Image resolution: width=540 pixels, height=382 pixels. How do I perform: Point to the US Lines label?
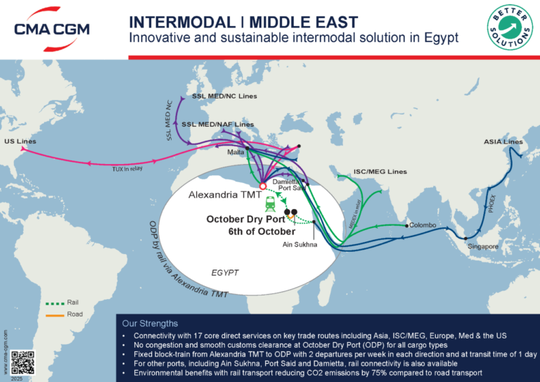pyautogui.click(x=20, y=141)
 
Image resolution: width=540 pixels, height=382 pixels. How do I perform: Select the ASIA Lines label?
pyautogui.click(x=503, y=142)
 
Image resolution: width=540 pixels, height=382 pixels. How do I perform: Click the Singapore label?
pyautogui.click(x=483, y=247)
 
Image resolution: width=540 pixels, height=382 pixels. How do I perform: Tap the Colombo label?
pyautogui.click(x=423, y=225)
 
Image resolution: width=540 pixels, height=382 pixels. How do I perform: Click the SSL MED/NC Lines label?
pyautogui.click(x=224, y=96)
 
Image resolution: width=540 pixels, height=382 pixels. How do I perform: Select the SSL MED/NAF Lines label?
pyautogui.click(x=218, y=125)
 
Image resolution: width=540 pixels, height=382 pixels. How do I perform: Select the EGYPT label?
pyautogui.click(x=226, y=272)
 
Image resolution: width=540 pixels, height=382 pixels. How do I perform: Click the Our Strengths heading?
pyautogui.click(x=150, y=324)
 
